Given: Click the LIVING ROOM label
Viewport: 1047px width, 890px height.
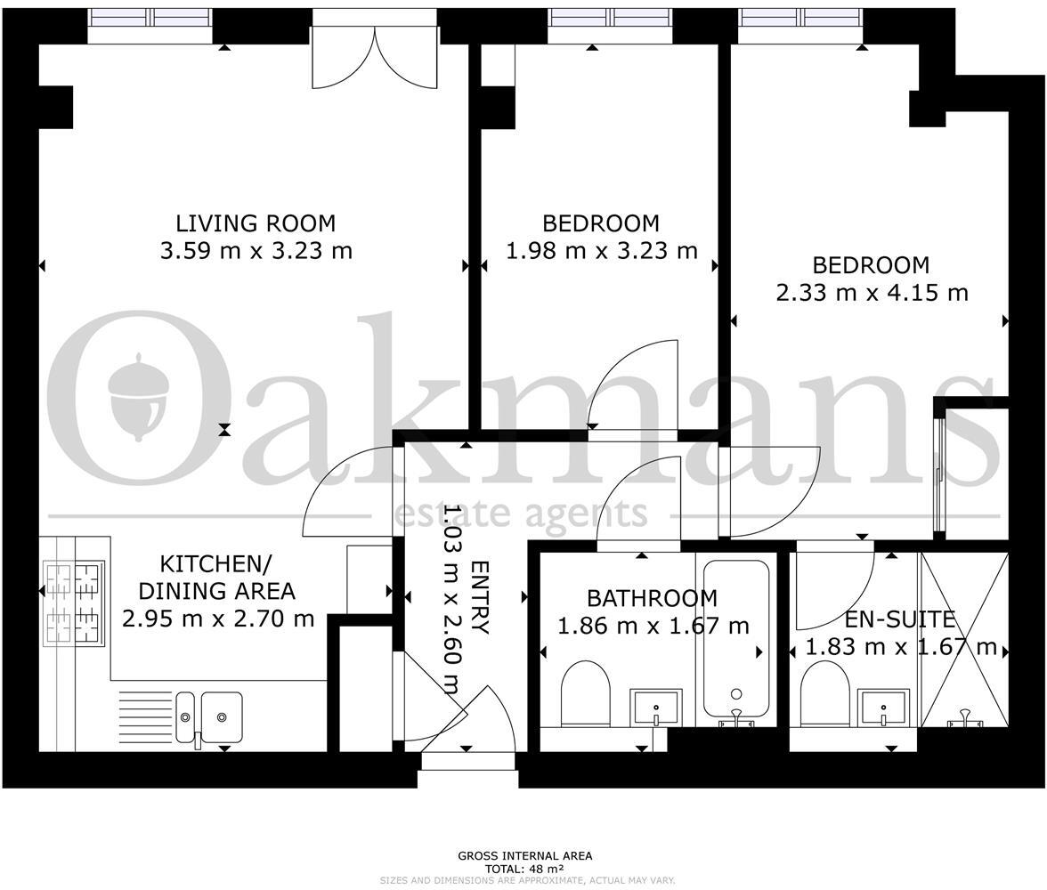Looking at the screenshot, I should (x=256, y=222).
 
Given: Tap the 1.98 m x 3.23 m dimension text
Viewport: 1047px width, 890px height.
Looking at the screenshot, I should (x=602, y=251).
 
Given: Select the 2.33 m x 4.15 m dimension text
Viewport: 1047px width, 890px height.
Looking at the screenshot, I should (x=872, y=292).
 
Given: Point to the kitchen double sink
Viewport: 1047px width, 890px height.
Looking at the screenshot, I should (x=208, y=716).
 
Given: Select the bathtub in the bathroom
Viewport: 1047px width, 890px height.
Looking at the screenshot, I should (x=735, y=637).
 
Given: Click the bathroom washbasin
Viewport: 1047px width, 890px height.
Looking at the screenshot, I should (x=656, y=708).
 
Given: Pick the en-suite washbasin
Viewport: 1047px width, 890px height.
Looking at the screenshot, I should (x=884, y=708).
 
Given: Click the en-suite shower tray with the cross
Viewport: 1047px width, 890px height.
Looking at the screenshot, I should (x=964, y=641).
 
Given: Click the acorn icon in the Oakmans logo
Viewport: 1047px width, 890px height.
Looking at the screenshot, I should (x=139, y=396).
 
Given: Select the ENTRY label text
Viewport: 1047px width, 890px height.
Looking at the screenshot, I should (x=479, y=597).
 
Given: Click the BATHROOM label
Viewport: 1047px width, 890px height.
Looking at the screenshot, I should (x=652, y=598).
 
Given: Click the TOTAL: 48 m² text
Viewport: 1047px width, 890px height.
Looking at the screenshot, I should (x=524, y=868).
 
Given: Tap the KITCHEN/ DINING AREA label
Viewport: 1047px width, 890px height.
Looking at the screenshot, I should (x=216, y=577).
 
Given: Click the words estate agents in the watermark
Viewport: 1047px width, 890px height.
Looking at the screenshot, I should (x=521, y=513).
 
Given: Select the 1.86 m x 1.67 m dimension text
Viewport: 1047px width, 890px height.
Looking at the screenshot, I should (x=653, y=627).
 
